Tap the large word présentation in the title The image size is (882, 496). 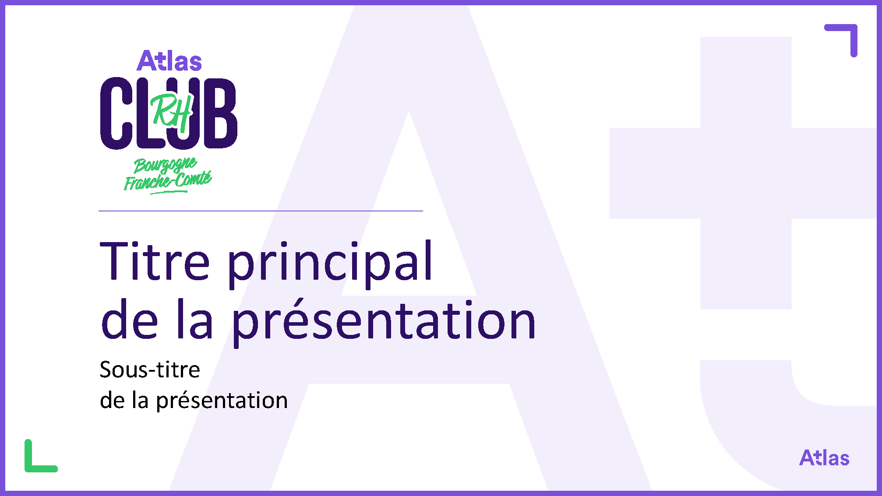[x=384, y=322]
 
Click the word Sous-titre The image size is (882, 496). [x=150, y=369]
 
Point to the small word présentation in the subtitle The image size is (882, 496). [x=222, y=401]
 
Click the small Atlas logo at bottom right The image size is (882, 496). [x=824, y=458]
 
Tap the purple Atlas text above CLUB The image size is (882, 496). [x=169, y=60]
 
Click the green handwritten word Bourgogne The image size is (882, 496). [x=165, y=165]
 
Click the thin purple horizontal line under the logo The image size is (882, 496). [x=261, y=211]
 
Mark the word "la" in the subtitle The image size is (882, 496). [x=140, y=400]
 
